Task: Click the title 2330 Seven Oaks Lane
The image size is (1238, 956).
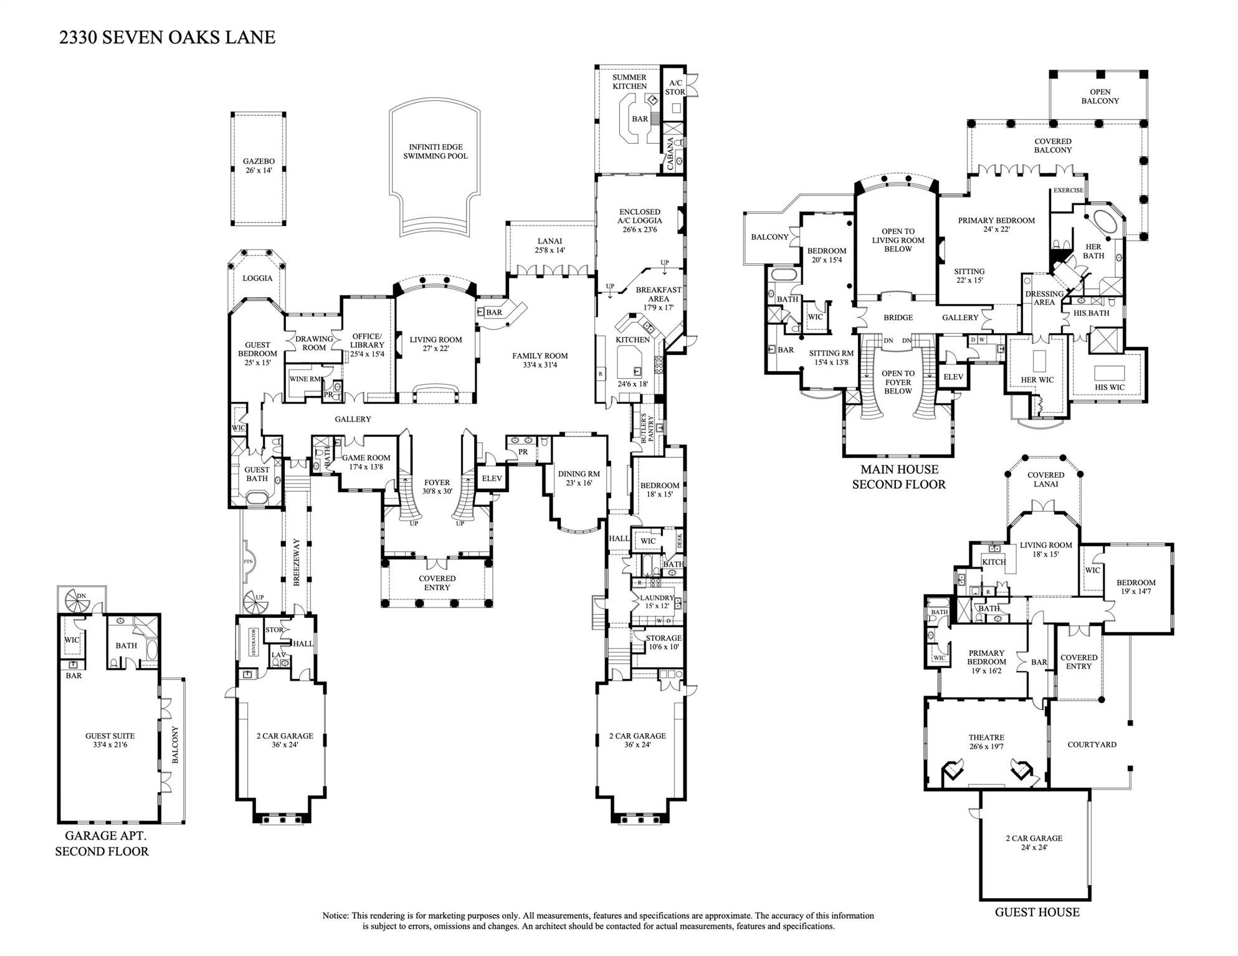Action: [x=167, y=37]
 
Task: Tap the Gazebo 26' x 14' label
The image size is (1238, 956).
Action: [x=259, y=166]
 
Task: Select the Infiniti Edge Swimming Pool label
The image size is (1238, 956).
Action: [x=435, y=151]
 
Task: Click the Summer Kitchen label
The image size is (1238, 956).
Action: [x=629, y=82]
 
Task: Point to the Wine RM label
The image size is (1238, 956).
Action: [x=305, y=379]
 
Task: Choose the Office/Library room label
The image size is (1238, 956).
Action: [x=367, y=345]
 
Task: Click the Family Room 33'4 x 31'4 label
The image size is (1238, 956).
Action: [x=540, y=360]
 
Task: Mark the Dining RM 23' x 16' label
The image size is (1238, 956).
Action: [x=579, y=478]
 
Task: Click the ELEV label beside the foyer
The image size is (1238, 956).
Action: [x=492, y=478]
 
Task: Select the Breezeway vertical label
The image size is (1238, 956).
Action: [x=297, y=562]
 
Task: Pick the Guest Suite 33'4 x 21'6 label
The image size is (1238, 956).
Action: [x=110, y=740]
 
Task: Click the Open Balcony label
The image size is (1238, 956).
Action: [x=1100, y=96]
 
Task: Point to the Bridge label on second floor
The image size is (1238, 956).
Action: [x=898, y=318]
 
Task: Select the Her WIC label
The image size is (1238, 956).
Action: [x=1037, y=380]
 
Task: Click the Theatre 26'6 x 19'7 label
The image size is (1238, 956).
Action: [x=986, y=742]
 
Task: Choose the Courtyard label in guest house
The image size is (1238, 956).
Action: [x=1092, y=744]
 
